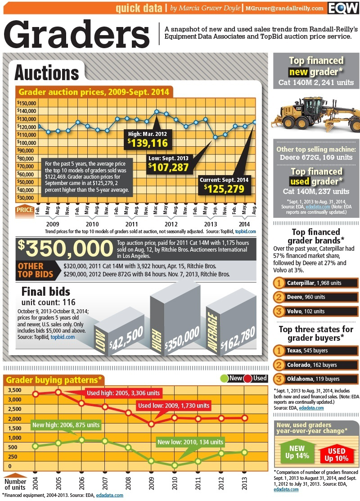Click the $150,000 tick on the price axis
coord(27,103)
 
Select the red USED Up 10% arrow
coord(337,454)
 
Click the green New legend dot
coord(224,378)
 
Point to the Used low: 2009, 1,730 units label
coord(174,406)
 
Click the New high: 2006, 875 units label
coord(66,424)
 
